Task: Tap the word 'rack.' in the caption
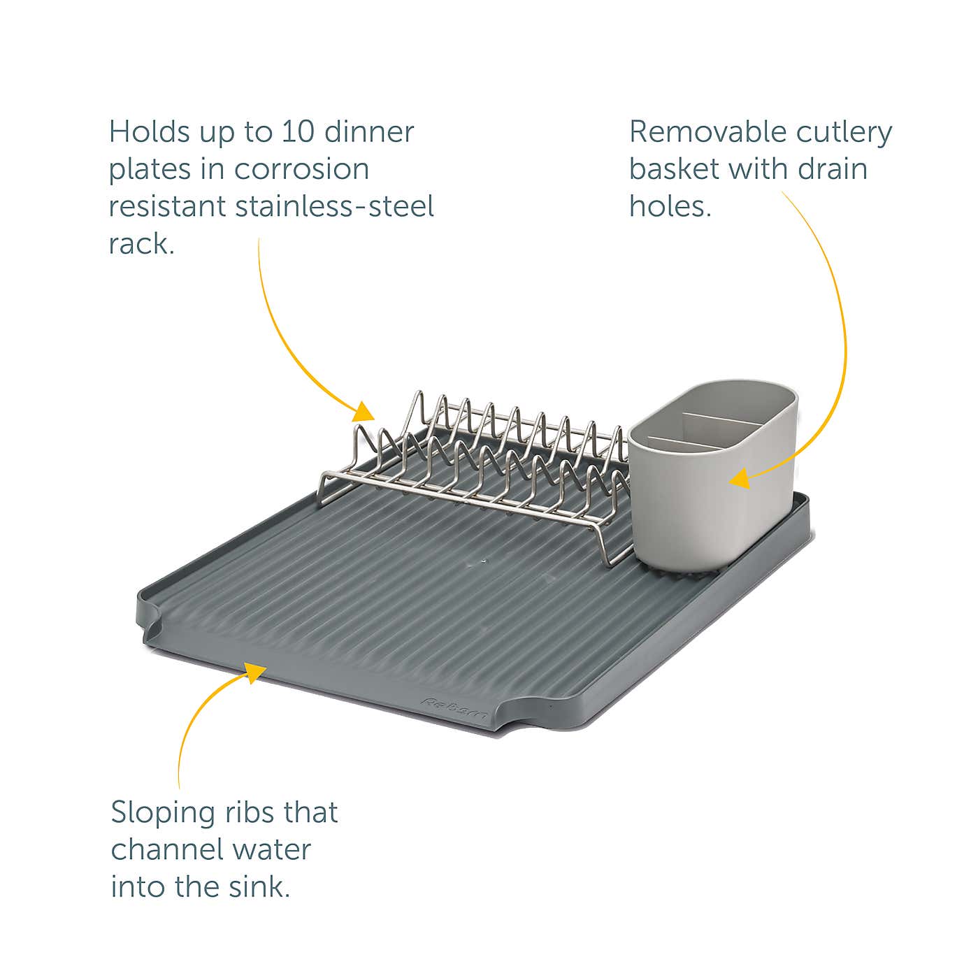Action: coord(141,244)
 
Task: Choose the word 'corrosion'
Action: coord(301,169)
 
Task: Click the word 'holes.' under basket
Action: coord(670,206)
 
